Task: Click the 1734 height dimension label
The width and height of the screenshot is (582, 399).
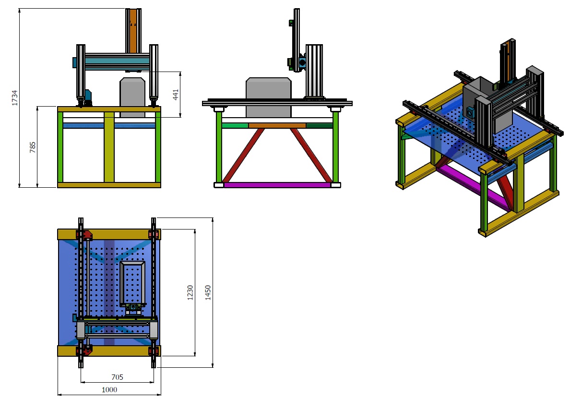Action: [14, 98]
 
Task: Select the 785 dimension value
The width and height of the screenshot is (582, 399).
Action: [33, 147]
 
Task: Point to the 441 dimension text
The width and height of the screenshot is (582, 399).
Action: [176, 95]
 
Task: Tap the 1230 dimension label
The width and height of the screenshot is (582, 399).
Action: [190, 293]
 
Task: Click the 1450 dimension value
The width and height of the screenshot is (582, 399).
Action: [208, 293]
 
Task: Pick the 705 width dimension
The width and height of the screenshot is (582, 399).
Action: [117, 377]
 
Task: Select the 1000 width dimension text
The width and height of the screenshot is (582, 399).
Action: [109, 390]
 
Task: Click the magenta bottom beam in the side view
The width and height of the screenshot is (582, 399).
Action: [277, 185]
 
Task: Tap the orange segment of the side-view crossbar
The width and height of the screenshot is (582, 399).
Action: [277, 126]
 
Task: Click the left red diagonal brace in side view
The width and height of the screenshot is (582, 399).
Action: [243, 155]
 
